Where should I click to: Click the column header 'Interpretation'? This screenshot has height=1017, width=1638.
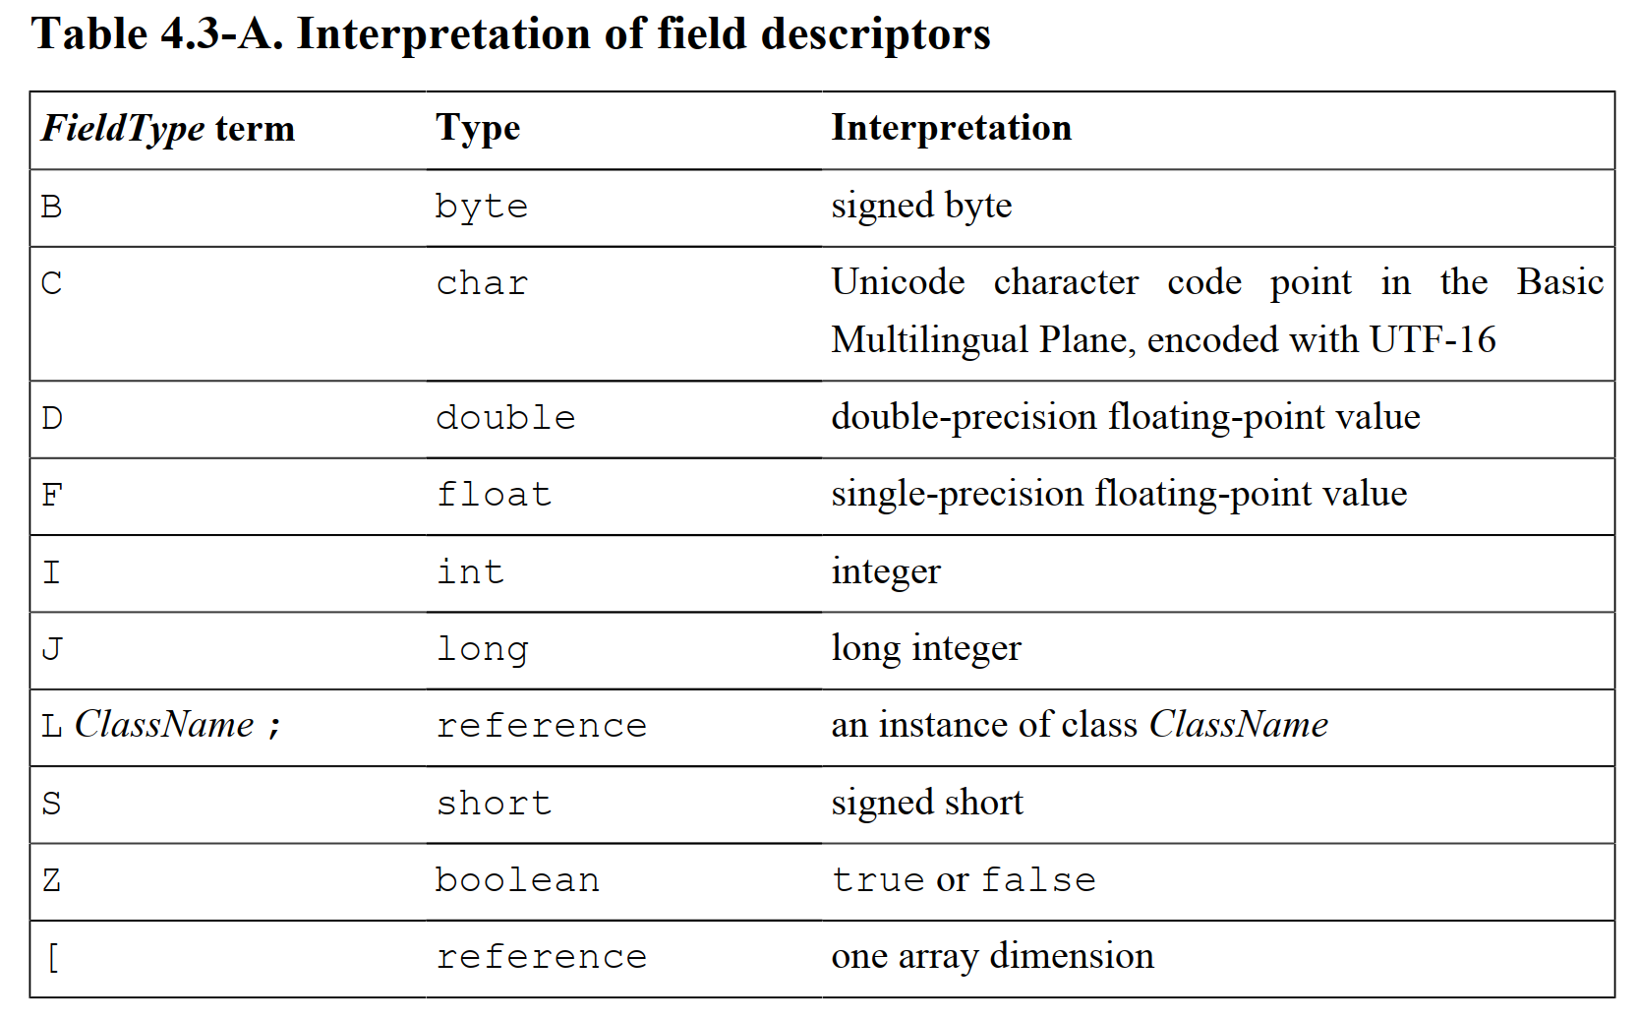(952, 127)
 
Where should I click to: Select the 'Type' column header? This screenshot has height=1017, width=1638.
(478, 129)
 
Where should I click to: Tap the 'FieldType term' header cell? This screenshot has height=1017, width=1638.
(168, 129)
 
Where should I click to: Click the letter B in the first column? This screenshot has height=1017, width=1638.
(52, 207)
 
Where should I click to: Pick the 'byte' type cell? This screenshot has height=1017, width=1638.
(481, 208)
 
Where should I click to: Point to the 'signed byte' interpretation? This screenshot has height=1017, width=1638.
(921, 206)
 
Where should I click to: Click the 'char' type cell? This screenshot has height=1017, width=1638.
(481, 283)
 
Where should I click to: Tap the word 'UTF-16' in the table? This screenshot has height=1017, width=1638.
(1433, 339)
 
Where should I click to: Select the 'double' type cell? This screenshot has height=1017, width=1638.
(505, 418)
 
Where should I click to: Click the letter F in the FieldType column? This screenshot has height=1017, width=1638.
(52, 496)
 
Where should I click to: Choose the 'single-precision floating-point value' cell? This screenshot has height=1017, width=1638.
(1119, 493)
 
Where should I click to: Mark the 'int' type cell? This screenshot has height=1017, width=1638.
(469, 571)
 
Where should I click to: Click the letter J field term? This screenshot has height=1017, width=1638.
(52, 649)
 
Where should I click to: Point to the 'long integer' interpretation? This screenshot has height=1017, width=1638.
(926, 648)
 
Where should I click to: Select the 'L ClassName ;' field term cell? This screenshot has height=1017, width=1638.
(161, 725)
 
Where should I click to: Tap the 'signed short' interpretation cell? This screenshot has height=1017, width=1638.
(927, 802)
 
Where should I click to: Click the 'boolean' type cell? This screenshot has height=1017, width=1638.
(517, 879)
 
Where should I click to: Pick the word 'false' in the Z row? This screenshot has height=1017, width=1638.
(1038, 879)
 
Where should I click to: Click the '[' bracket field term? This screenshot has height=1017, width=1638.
(53, 957)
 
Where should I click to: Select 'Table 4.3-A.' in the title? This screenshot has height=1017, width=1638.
(157, 33)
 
